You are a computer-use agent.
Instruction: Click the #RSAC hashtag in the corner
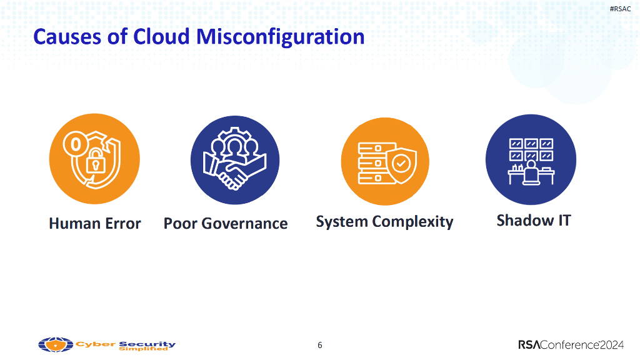[x=620, y=8]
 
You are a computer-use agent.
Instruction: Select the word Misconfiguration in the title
[x=281, y=37]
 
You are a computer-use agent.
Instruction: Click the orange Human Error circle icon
[x=94, y=160]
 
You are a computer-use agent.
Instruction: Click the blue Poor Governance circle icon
[x=234, y=160]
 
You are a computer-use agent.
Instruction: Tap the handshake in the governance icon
[x=234, y=174]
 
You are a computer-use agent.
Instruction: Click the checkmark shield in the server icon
[x=399, y=166]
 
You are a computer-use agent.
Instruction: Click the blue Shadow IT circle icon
[x=531, y=159]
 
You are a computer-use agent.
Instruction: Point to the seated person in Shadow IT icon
[x=531, y=171]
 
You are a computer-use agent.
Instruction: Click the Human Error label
[x=95, y=224]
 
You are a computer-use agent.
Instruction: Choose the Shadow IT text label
[x=533, y=221]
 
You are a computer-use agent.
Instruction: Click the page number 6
[x=320, y=345]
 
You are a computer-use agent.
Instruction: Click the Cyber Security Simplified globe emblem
[x=56, y=344]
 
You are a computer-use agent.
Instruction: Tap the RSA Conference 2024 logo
[x=571, y=345]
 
